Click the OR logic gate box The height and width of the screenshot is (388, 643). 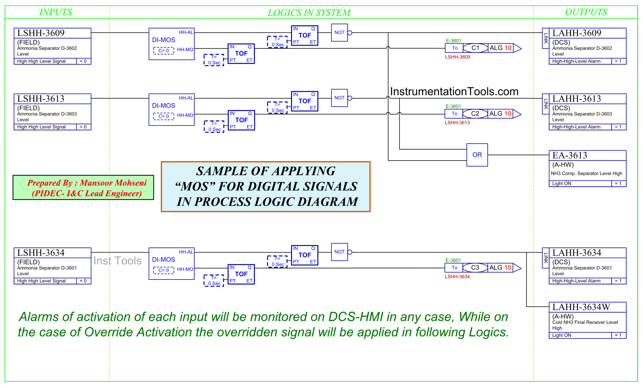(477, 155)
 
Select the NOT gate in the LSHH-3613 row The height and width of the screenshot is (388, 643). (339, 98)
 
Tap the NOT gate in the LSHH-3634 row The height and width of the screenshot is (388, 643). (339, 252)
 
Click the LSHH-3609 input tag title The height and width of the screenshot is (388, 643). (41, 33)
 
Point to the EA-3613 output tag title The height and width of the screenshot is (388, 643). (569, 155)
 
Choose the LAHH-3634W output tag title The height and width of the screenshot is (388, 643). (581, 307)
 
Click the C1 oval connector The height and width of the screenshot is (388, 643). (475, 48)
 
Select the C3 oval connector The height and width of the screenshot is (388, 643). (475, 268)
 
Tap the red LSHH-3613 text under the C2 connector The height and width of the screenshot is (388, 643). (457, 122)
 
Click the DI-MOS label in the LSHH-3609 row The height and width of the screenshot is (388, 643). (164, 40)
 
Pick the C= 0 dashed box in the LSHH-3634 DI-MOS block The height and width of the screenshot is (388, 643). (164, 270)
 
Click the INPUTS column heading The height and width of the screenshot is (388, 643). (55, 12)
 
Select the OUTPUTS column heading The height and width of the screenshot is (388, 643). (586, 12)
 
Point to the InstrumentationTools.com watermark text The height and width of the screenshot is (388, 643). (454, 92)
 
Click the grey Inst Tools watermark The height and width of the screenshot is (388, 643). (118, 261)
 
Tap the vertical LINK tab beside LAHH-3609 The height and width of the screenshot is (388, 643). (546, 38)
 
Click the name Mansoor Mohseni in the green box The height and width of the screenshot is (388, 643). (113, 183)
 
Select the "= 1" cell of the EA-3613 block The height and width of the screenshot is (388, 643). (618, 183)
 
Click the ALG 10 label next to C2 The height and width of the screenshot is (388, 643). (500, 114)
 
